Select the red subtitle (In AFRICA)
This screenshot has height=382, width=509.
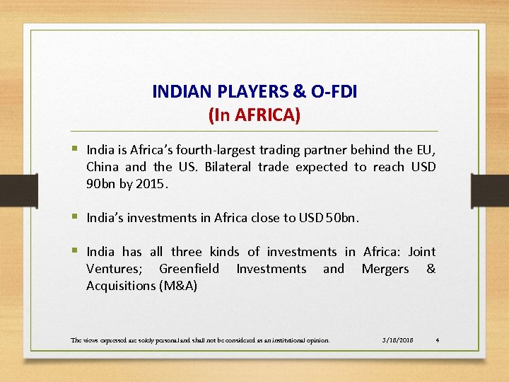point(255,115)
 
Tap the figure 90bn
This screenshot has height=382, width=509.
point(101,184)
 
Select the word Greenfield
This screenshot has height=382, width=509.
point(189,269)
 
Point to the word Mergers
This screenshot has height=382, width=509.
point(385,269)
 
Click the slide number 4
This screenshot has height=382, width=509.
point(438,340)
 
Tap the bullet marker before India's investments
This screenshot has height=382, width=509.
point(74,217)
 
